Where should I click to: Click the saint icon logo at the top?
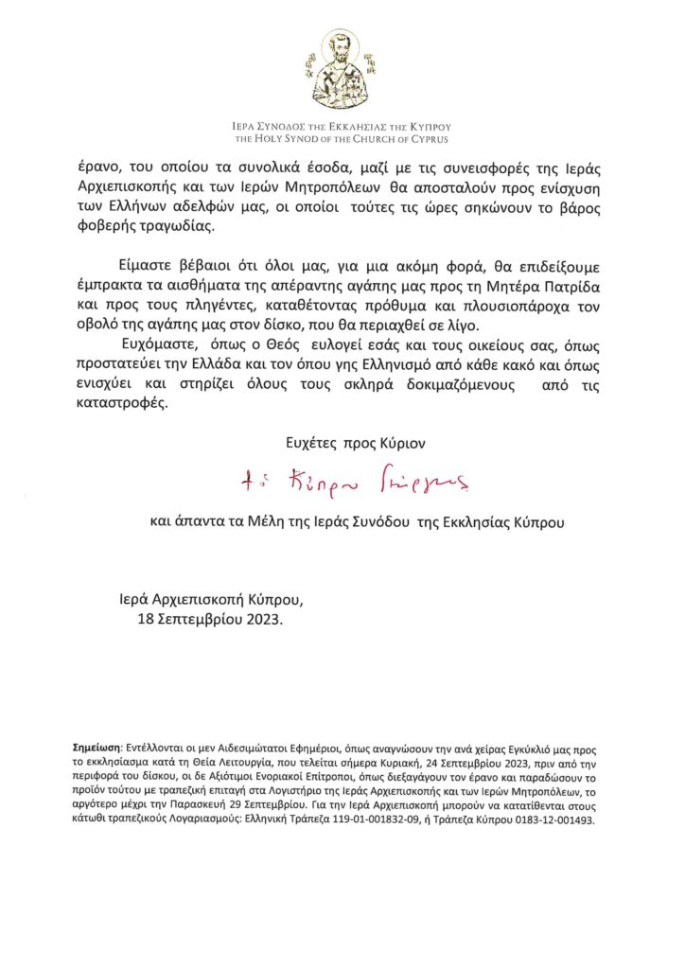click(342, 70)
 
